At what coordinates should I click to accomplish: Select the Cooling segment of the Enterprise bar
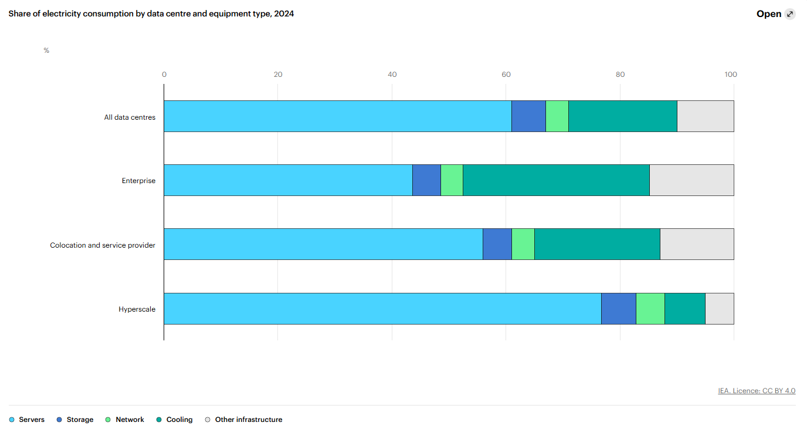click(556, 180)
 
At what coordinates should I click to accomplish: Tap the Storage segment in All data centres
click(528, 116)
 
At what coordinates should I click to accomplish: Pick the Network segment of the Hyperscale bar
click(650, 309)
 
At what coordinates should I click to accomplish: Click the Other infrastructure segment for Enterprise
click(691, 180)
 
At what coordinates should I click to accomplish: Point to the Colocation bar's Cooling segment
click(597, 244)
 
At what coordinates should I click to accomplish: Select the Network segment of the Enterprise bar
click(452, 180)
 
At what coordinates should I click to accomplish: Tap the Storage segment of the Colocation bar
click(497, 244)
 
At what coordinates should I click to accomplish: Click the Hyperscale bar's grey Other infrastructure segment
click(719, 309)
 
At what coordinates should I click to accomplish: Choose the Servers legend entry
click(27, 420)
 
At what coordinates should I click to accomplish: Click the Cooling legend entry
click(174, 420)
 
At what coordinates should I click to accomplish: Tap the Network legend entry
click(124, 420)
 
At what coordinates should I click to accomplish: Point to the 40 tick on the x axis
click(392, 75)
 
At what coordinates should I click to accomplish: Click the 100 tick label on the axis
click(731, 75)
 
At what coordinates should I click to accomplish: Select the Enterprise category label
click(138, 181)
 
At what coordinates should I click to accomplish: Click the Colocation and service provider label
click(103, 245)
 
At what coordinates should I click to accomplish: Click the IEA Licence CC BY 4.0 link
click(757, 391)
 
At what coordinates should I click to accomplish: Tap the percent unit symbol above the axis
click(46, 50)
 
